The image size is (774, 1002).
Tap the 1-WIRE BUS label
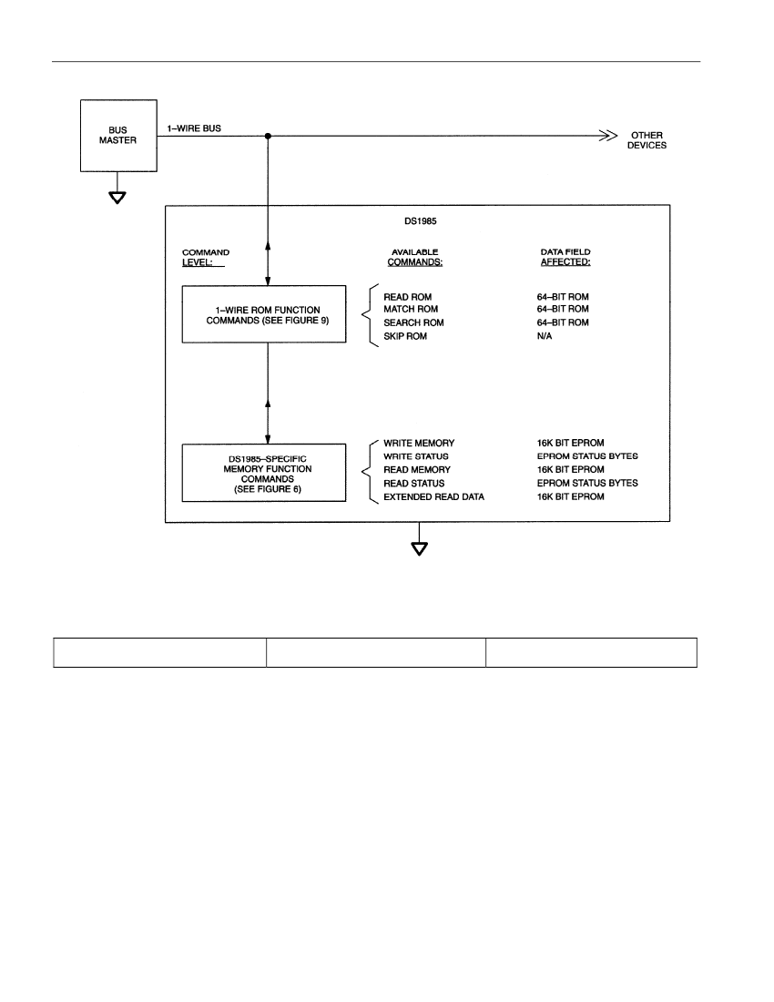click(x=194, y=128)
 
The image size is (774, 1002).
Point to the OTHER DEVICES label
click(x=647, y=140)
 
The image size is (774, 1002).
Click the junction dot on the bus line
click(x=268, y=136)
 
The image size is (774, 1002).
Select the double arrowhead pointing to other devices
click(x=608, y=136)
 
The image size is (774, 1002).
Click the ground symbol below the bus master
click(x=117, y=198)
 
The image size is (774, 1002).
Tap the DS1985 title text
click(x=420, y=221)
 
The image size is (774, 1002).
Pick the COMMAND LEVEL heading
click(x=206, y=258)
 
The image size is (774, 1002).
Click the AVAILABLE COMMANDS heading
click(x=415, y=258)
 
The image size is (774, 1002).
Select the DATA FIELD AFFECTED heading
click(x=565, y=257)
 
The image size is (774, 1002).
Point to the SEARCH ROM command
click(x=413, y=322)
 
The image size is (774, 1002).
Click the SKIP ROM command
click(x=405, y=336)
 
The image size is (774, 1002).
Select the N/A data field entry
click(x=545, y=336)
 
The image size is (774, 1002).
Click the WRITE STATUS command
click(x=416, y=456)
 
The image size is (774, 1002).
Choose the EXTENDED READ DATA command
click(x=433, y=496)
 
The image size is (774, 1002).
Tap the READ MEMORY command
click(x=417, y=470)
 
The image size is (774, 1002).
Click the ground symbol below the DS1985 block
click(x=419, y=549)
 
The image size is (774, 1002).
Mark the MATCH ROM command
click(x=411, y=310)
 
